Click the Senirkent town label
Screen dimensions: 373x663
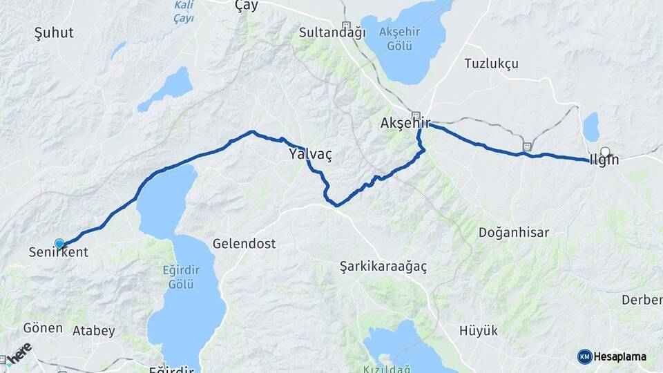pyautogui.click(x=59, y=253)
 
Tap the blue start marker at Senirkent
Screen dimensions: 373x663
pyautogui.click(x=59, y=244)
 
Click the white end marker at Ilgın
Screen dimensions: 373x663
pyautogui.click(x=606, y=152)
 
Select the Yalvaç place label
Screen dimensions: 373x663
pyautogui.click(x=310, y=155)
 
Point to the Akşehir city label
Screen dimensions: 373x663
pyautogui.click(x=405, y=124)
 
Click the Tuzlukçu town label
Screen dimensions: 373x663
pyautogui.click(x=491, y=64)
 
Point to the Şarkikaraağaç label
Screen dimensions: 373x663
pyautogui.click(x=384, y=266)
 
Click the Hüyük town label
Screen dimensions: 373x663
pyautogui.click(x=479, y=331)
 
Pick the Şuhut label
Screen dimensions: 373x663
pyautogui.click(x=54, y=32)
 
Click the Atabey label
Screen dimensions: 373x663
pyautogui.click(x=93, y=331)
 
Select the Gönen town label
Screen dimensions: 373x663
pyautogui.click(x=43, y=328)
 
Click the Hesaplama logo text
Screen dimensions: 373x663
pyautogui.click(x=619, y=356)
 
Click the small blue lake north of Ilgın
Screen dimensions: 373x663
pyautogui.click(x=591, y=127)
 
